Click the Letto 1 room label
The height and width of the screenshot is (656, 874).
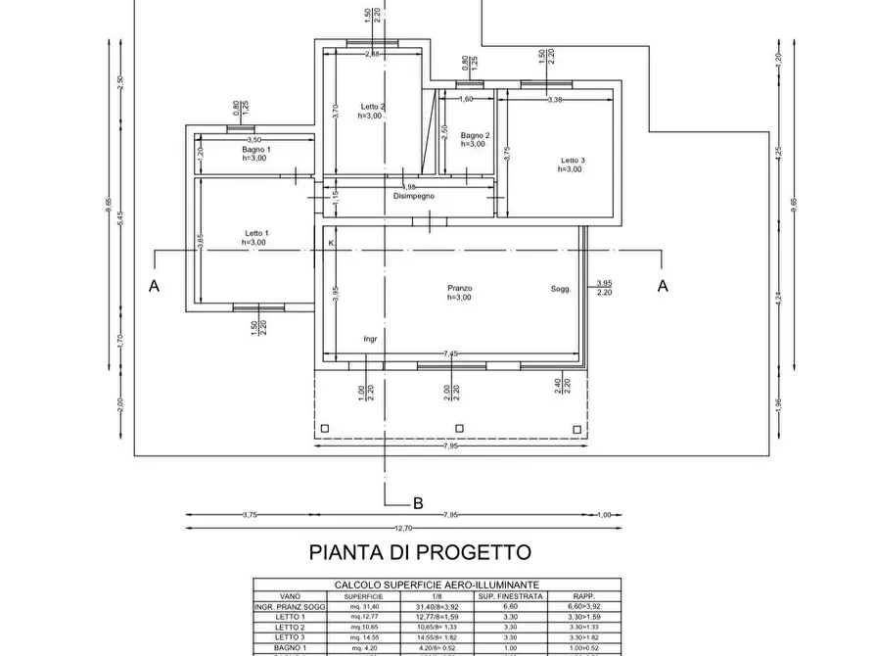pyautogui.click(x=255, y=233)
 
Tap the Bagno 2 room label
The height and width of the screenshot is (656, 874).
pyautogui.click(x=475, y=135)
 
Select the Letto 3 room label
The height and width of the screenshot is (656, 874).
pyautogui.click(x=573, y=161)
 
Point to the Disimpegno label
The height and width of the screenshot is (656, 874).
pyautogui.click(x=414, y=196)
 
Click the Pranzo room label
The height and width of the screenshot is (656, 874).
pyautogui.click(x=460, y=289)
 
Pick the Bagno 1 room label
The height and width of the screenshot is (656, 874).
pyautogui.click(x=256, y=149)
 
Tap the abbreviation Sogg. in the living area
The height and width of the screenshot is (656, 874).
pyautogui.click(x=560, y=289)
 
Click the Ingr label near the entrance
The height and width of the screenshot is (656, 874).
pyautogui.click(x=370, y=339)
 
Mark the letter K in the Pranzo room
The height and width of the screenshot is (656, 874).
pyautogui.click(x=331, y=243)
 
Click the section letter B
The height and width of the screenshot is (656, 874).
pyautogui.click(x=418, y=504)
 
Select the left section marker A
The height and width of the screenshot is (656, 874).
pyautogui.click(x=154, y=286)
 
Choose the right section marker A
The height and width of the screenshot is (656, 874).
pyautogui.click(x=663, y=286)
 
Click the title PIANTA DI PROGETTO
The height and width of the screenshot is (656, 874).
pyautogui.click(x=420, y=552)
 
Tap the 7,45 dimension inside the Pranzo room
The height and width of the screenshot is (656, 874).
pyautogui.click(x=450, y=352)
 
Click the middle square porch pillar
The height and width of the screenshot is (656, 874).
pyautogui.click(x=459, y=427)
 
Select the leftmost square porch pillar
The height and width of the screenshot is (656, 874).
pyautogui.click(x=326, y=427)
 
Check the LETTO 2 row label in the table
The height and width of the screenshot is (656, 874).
pyautogui.click(x=290, y=628)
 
